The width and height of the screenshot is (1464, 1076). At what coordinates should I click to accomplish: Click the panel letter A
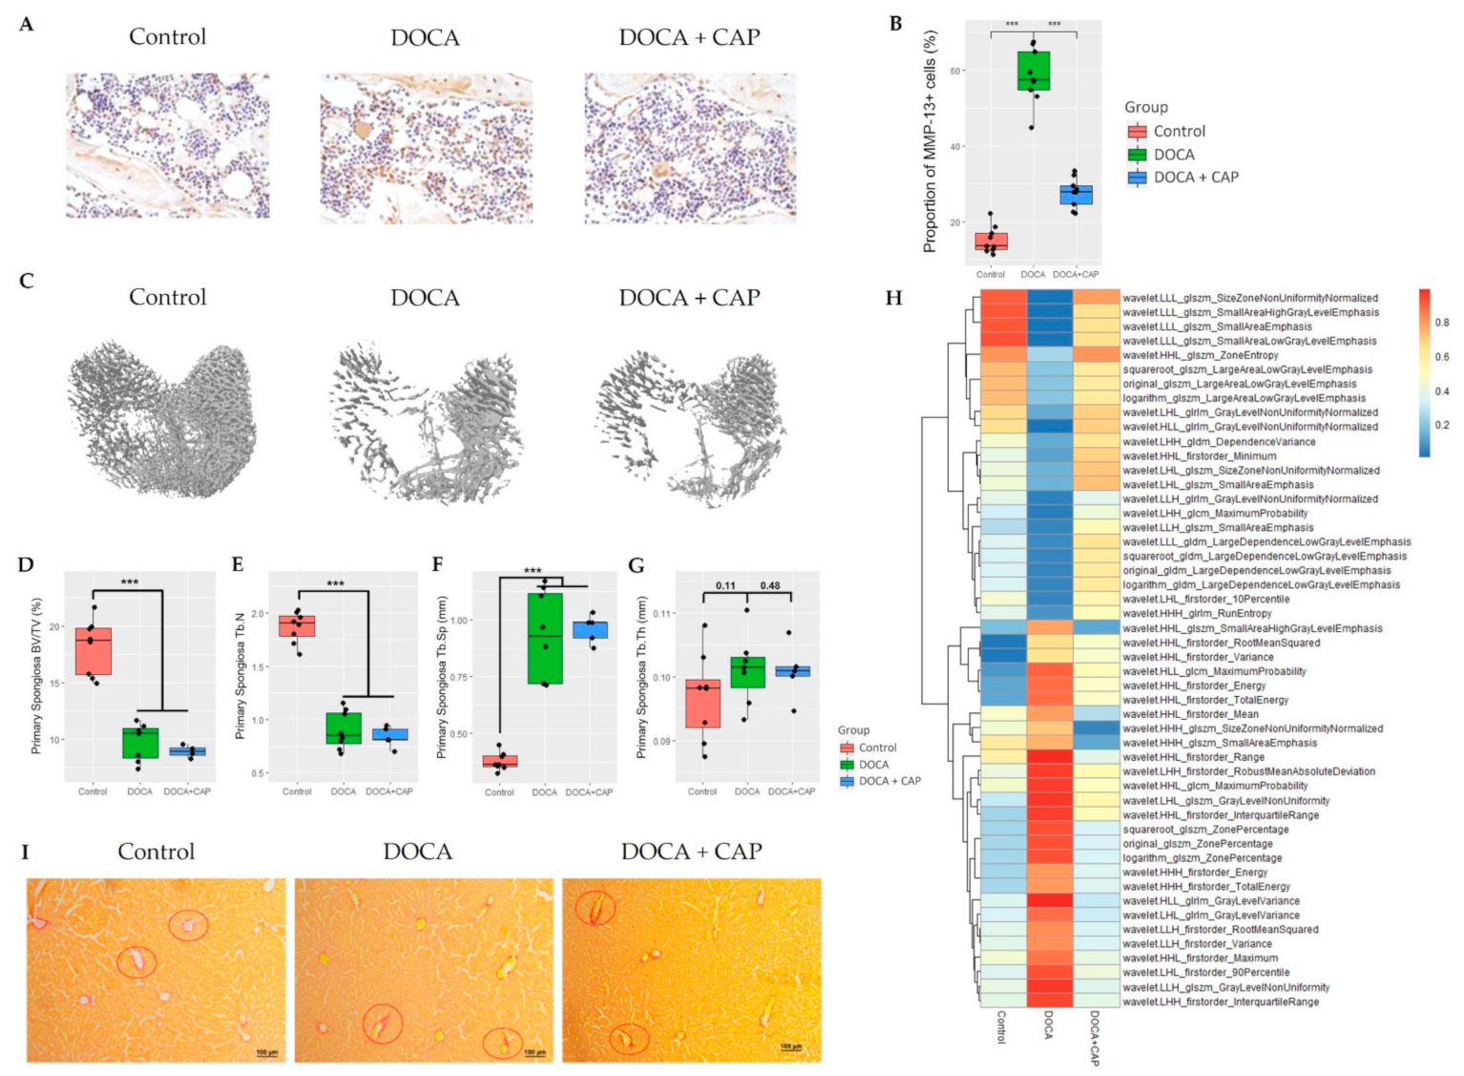pos(26,25)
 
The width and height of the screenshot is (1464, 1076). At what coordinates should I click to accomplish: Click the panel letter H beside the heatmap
pos(893,298)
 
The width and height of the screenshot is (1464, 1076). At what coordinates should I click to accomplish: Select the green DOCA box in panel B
pos(1033,72)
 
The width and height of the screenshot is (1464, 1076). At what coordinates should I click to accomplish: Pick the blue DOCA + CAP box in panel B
pos(1076,195)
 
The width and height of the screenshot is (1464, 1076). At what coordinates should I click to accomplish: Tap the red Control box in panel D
pos(94,651)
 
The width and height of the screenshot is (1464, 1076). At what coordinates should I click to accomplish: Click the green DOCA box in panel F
pos(544,638)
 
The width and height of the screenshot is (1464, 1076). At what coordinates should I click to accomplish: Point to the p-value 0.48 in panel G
pos(769,585)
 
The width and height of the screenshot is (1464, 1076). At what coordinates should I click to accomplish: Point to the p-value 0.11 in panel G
pos(725,585)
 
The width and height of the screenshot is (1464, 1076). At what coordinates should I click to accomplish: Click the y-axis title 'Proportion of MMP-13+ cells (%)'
pos(930,141)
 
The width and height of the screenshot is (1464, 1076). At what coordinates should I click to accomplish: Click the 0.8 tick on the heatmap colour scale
pos(1441,323)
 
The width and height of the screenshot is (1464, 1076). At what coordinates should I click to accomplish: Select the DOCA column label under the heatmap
pos(1049,1024)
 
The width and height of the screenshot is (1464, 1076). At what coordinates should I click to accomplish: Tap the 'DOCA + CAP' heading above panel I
pos(691,852)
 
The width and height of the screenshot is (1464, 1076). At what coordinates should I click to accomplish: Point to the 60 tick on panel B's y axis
pos(955,71)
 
